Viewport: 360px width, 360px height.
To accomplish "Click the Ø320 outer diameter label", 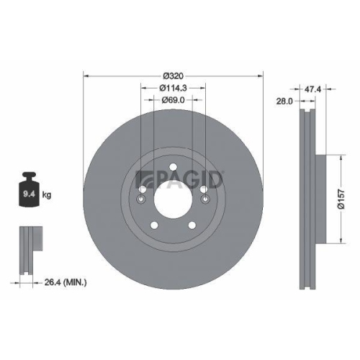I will [x=174, y=76].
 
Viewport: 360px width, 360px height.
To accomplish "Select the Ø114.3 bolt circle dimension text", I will [x=174, y=88].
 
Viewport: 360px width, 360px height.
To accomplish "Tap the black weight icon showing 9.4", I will [x=29, y=191].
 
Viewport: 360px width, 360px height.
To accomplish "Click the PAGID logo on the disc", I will [x=181, y=179].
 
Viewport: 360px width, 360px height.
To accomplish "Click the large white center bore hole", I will [x=173, y=197].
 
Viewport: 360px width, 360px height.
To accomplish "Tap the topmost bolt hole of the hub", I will [x=174, y=169].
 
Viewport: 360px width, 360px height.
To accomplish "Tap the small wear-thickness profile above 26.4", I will [x=27, y=248].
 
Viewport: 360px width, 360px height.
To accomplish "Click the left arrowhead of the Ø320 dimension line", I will [x=87, y=76].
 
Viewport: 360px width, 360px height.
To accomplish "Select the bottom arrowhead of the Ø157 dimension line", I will [x=337, y=239].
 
